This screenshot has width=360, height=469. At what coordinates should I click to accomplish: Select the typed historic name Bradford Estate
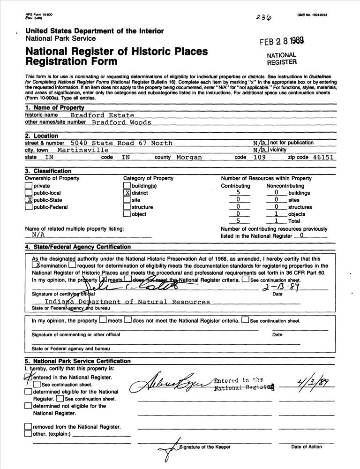tap(102, 115)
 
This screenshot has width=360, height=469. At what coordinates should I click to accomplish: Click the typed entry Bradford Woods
tap(121, 122)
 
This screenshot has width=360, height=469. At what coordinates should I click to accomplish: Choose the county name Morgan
tap(189, 158)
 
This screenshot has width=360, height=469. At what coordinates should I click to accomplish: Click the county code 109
tap(258, 158)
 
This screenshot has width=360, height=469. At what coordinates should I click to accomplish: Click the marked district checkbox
tap(127, 193)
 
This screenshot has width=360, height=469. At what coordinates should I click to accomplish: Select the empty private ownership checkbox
tap(29, 186)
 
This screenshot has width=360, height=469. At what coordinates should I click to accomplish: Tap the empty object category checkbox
tap(127, 214)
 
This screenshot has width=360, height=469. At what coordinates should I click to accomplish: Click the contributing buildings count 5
tap(239, 192)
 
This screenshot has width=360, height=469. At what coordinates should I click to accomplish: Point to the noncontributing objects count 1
tap(277, 214)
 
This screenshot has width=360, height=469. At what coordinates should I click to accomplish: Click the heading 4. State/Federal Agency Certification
tap(78, 247)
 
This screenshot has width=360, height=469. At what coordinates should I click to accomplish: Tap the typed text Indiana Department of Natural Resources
tap(127, 302)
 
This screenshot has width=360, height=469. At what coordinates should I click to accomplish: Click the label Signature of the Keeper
tap(205, 447)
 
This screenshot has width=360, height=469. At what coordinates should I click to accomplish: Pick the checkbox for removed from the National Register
tap(28, 427)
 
